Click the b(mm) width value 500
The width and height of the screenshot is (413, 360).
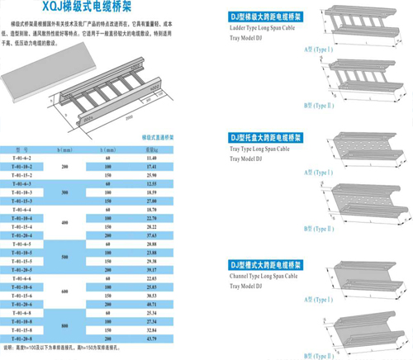(x=64, y=256)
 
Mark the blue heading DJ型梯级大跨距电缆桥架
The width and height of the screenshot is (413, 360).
(x=263, y=16)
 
